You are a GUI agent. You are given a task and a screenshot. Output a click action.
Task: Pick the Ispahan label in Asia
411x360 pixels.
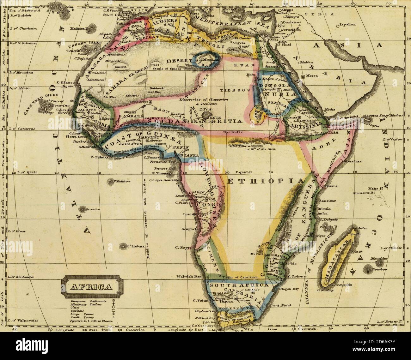[347, 24]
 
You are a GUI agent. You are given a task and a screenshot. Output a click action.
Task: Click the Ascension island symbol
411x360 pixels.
[84, 209]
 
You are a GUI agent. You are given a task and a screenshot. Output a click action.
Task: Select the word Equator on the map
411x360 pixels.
[245, 172]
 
